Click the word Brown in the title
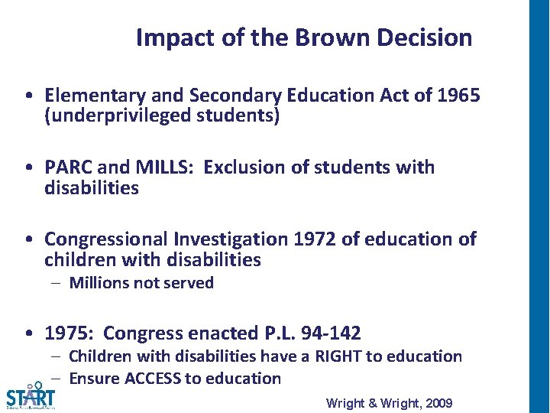click(x=328, y=37)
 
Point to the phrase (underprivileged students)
click(x=162, y=116)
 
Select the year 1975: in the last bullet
click(x=71, y=333)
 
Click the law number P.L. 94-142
click(x=315, y=333)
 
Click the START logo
click(x=30, y=395)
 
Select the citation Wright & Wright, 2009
click(x=389, y=403)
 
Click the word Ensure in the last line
click(x=92, y=378)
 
